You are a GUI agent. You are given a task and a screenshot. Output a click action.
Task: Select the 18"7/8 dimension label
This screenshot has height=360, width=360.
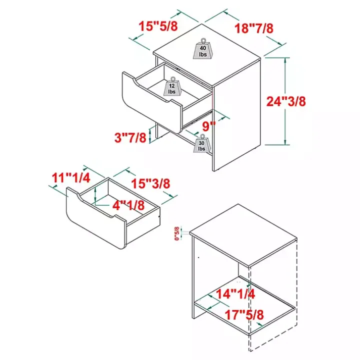coord(254,28)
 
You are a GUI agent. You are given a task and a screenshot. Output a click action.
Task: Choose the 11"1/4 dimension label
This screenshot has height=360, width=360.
coord(70,177)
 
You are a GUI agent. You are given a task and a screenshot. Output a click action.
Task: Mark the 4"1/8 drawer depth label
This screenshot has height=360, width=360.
coord(127,205)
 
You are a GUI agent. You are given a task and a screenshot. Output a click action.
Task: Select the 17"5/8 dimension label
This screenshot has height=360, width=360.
coord(243,316)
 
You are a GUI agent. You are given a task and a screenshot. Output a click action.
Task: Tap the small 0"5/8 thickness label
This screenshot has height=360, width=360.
coord(176,232)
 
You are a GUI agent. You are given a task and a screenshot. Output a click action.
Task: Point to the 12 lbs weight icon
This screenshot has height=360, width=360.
coord(171,87)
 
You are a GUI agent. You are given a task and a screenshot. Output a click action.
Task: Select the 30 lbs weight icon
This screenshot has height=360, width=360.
coord(202,143)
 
